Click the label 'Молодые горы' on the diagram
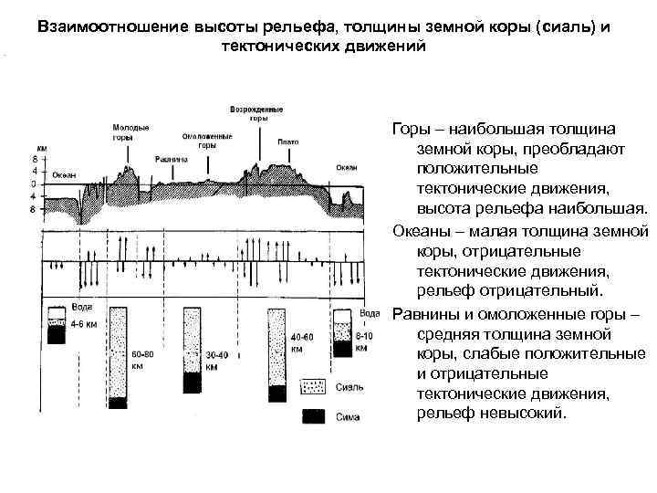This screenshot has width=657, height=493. tap(130, 131)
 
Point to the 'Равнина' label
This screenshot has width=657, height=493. tap(171, 158)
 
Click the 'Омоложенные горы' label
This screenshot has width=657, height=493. tap(207, 141)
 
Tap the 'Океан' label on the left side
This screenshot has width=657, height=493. tap(64, 174)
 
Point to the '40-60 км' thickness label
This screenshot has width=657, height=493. tap(302, 342)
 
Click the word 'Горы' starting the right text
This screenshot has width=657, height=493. tap(410, 131)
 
